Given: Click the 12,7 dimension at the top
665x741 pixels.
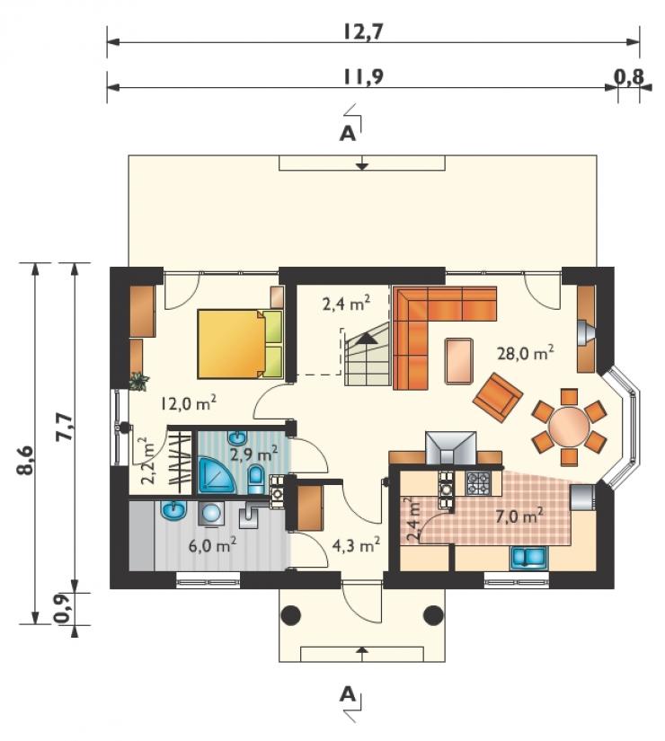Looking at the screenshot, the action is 363,31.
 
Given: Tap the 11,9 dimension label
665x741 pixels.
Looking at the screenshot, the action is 363,76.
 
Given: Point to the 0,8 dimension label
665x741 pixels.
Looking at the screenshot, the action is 629,75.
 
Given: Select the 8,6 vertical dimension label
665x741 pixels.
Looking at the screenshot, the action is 26,459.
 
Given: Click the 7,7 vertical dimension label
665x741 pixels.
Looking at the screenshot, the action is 65,427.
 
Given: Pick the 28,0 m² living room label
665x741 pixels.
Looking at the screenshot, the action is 525,353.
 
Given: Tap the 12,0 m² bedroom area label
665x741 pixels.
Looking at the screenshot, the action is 189,403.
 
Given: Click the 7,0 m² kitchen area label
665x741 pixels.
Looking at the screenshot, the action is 519,516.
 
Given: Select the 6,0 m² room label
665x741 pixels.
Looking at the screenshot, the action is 213,546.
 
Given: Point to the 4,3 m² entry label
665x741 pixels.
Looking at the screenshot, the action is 356,546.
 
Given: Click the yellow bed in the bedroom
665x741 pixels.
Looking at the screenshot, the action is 240,344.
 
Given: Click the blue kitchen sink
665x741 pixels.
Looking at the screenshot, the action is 528,557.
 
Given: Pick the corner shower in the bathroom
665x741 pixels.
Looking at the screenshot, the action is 216,475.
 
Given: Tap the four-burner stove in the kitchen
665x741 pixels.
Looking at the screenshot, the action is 478,483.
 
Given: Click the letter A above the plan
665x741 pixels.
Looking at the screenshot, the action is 348,135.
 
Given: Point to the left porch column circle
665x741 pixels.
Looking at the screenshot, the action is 291,615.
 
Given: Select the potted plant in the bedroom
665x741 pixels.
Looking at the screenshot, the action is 139,381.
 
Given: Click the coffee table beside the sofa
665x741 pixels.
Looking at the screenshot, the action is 458,361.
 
